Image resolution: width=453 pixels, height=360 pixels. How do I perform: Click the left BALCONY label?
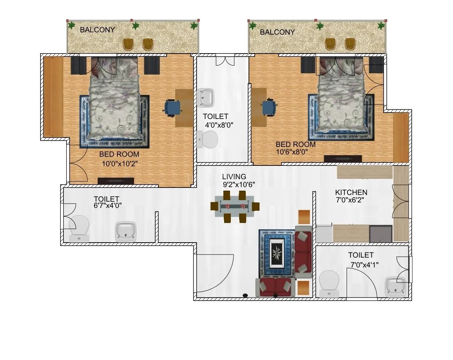point(97,30)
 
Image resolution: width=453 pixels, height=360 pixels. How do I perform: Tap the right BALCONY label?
point(277,32)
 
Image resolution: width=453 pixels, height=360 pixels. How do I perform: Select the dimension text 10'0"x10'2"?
point(120,164)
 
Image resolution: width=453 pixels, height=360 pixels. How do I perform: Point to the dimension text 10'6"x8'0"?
point(292,152)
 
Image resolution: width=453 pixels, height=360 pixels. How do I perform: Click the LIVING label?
point(234,176)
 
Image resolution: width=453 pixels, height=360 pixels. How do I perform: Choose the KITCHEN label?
point(351,193)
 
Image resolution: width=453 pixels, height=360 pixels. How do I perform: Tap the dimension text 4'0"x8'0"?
point(219,125)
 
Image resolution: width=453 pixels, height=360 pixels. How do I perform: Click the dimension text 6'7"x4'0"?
point(108,206)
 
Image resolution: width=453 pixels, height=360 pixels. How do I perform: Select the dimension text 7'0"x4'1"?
point(364,265)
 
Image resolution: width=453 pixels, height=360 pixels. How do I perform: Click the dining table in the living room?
point(235,206)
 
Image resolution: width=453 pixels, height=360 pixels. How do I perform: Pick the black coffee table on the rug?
point(277,253)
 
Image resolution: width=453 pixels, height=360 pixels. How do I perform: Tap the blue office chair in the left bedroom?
point(173,108)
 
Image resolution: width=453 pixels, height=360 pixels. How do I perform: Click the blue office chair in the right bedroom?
point(269,107)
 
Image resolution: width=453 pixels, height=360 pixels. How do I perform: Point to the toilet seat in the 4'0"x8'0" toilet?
point(208,139)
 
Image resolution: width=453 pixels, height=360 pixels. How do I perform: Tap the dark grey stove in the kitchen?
point(381,234)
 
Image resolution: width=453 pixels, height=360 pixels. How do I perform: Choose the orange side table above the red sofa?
point(304,217)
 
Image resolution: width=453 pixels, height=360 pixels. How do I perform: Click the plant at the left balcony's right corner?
point(194,26)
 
